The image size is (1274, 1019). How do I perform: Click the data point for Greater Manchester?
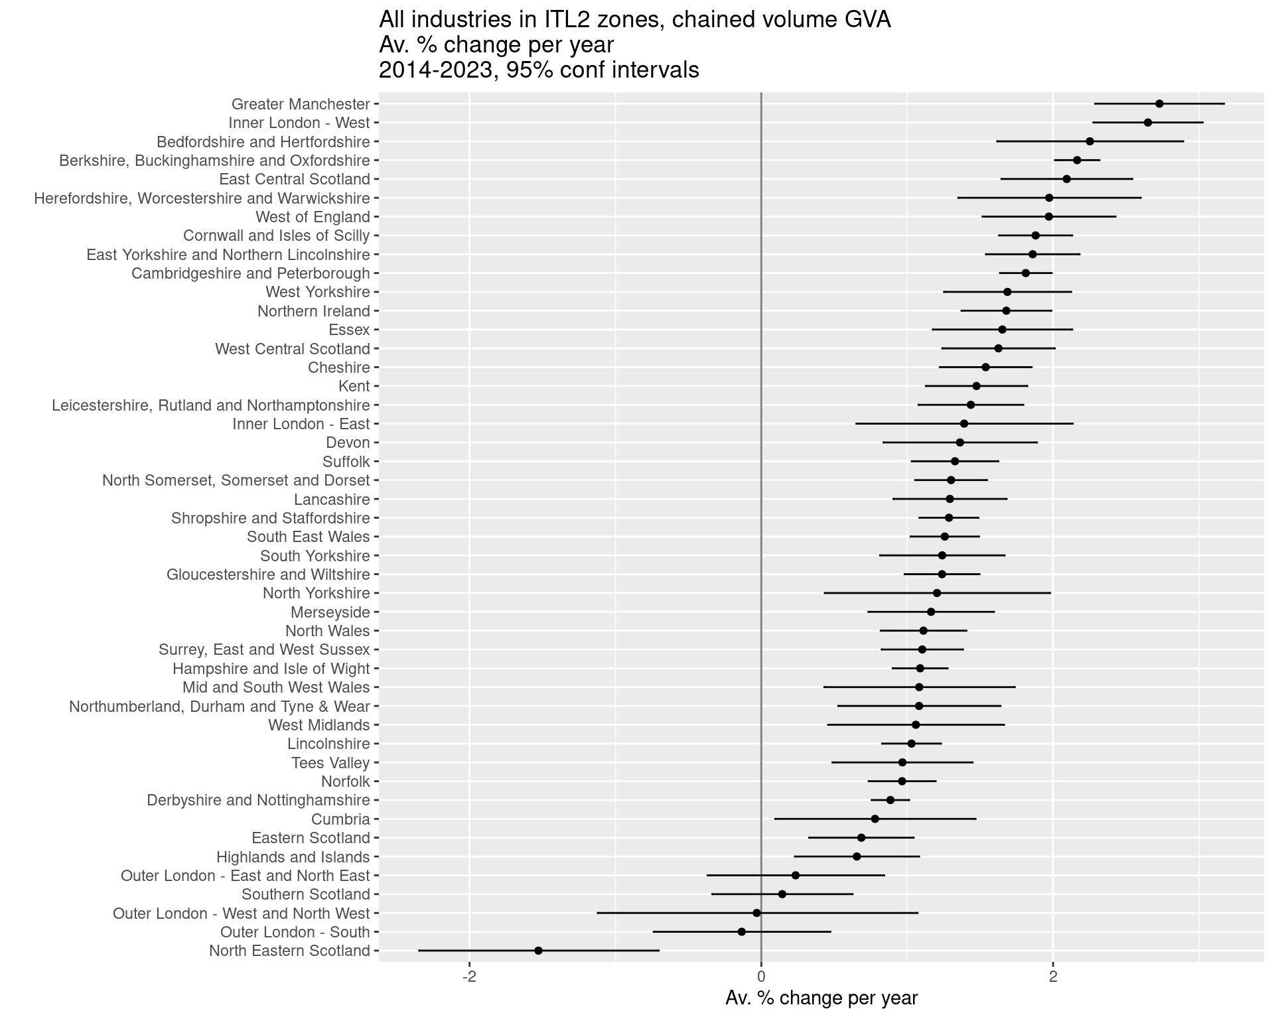(1159, 103)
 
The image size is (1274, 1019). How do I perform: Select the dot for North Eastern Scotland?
(538, 951)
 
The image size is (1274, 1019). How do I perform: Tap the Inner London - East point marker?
(964, 423)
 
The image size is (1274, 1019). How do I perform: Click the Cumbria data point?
(875, 819)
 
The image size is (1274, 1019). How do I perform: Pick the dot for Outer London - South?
(742, 931)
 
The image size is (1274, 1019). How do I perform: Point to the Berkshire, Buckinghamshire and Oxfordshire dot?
(1077, 160)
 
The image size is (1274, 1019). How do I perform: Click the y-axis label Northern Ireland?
(313, 311)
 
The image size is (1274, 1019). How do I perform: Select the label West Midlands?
(318, 725)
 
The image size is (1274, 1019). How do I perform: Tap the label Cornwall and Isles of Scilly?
(276, 236)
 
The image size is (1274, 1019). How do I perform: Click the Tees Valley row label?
(330, 763)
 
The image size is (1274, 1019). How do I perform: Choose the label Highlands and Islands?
(293, 857)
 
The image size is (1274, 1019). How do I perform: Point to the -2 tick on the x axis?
(469, 977)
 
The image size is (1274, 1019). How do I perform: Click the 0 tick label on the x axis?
(761, 977)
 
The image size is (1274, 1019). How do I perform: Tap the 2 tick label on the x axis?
(1052, 977)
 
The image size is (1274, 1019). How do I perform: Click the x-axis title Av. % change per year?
(821, 998)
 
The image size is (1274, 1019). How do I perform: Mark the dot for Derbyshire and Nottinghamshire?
(890, 800)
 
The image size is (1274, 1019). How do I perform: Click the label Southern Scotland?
(305, 894)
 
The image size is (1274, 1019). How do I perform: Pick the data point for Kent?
(976, 386)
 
